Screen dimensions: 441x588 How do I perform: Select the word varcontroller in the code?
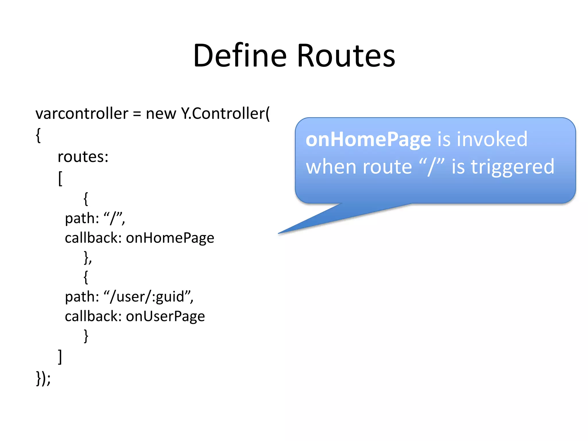pos(82,114)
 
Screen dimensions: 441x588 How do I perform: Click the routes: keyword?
pos(83,157)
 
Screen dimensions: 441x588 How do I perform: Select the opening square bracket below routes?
pos(60,179)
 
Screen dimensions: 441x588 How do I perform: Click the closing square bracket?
pos(60,357)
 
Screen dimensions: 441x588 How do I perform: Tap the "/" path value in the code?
pos(114,218)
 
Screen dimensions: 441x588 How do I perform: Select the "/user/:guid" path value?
pos(148,297)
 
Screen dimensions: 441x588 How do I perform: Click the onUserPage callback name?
pos(165,316)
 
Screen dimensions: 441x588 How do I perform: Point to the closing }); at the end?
pos(43,378)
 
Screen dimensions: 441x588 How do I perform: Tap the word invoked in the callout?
pos(492,139)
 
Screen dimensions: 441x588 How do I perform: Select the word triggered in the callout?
pos(512,167)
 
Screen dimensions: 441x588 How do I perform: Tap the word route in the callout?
pos(387,167)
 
